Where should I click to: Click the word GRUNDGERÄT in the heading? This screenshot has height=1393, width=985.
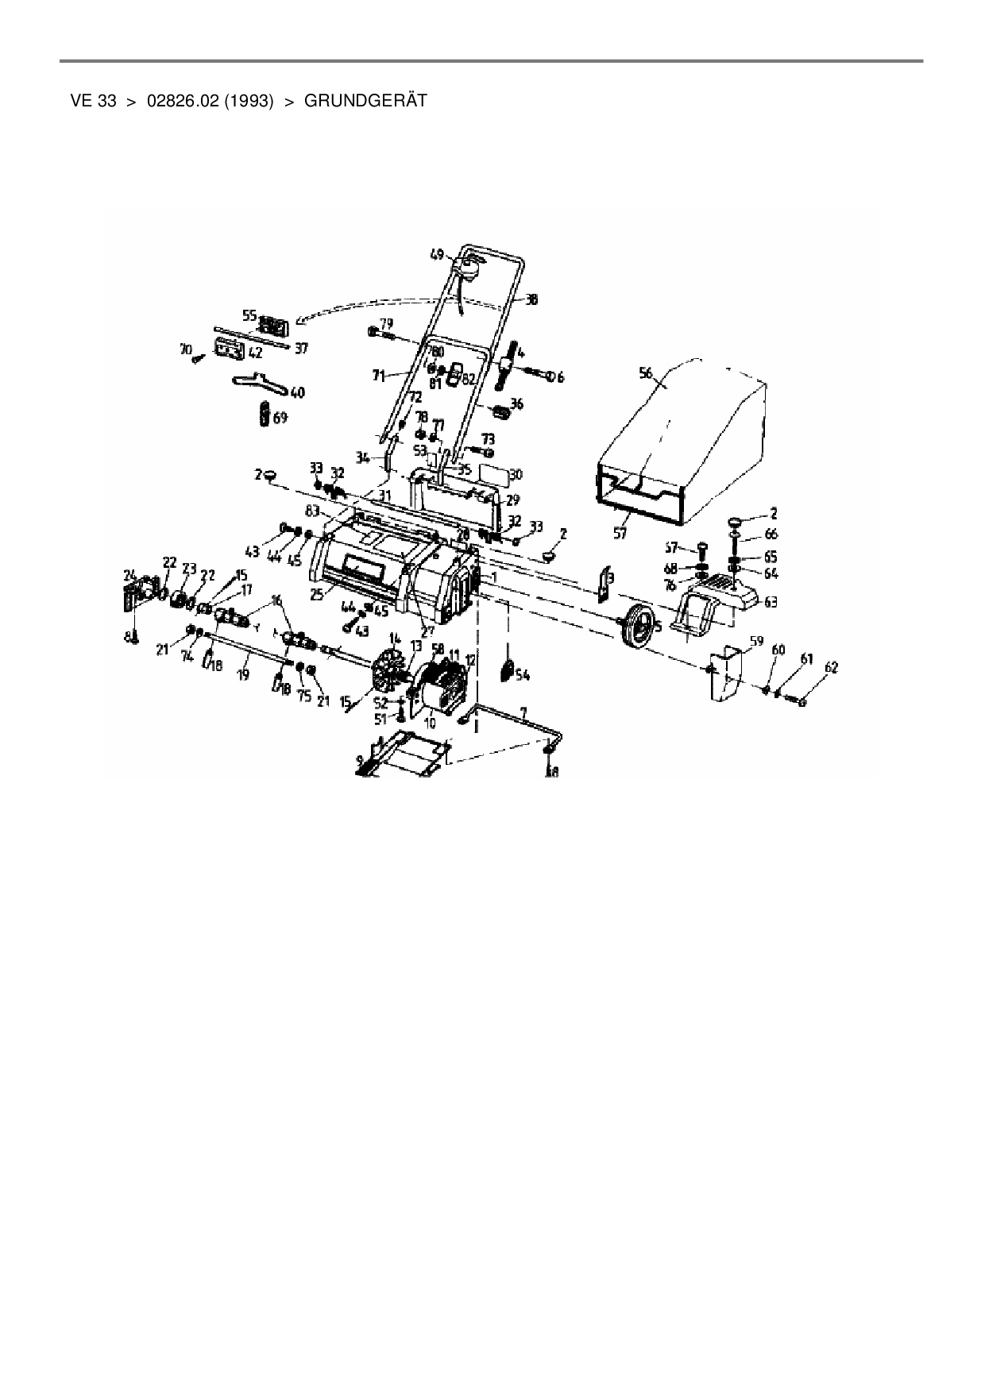point(366,101)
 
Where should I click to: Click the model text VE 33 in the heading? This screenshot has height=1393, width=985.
point(94,101)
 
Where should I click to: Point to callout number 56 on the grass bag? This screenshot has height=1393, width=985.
point(645,373)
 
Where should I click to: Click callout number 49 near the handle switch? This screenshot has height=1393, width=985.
point(437,254)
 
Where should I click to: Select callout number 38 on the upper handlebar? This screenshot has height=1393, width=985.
point(531,300)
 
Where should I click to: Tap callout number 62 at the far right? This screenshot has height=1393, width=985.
point(831,668)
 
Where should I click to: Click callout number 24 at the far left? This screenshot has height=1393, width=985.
point(129,573)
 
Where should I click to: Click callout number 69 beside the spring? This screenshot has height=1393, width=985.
point(280,417)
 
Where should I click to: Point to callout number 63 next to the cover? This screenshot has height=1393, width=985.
point(771,602)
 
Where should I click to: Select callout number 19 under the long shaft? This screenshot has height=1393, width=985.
point(243,674)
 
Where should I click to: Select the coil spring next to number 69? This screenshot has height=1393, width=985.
point(264,416)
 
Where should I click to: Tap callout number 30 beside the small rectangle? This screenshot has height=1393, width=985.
point(516,475)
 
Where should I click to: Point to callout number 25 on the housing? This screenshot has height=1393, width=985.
point(319,593)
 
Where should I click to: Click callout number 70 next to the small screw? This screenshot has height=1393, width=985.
point(186,348)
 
